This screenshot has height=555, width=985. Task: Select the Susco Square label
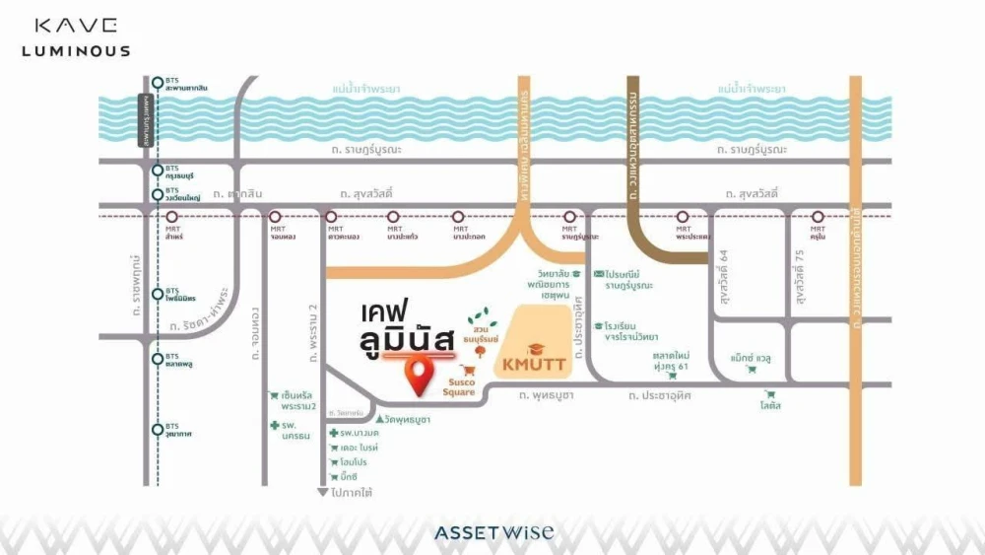click(463, 387)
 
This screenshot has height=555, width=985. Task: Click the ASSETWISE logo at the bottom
click(493, 533)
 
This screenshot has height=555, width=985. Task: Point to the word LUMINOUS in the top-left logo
click(83, 50)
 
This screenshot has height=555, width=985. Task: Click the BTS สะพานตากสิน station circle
click(158, 83)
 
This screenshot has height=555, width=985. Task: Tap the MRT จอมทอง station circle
click(277, 217)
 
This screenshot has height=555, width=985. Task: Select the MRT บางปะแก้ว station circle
click(394, 217)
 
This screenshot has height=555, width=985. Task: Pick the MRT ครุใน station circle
click(818, 217)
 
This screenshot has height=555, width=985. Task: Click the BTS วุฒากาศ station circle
click(158, 429)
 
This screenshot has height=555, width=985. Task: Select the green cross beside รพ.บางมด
click(334, 434)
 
